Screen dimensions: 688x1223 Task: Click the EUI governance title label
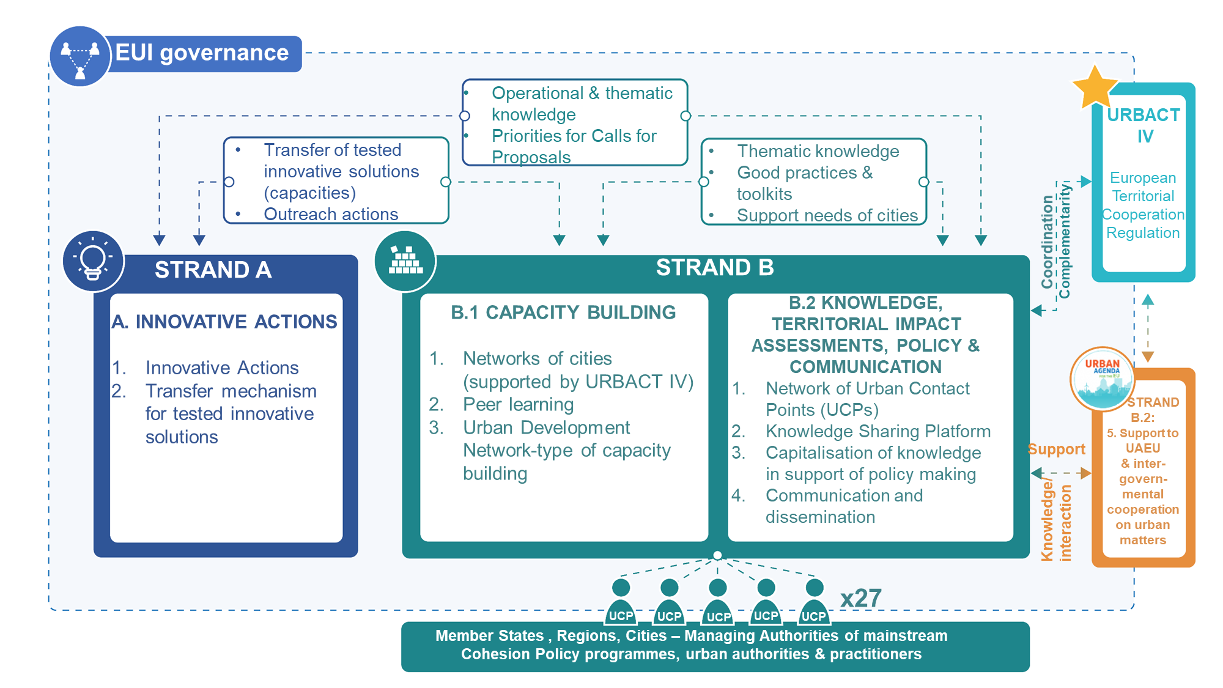point(202,53)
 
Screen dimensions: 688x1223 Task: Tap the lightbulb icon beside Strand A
point(93,261)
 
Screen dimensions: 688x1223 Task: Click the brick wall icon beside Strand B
point(405,261)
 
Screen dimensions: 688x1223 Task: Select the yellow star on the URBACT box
point(1095,87)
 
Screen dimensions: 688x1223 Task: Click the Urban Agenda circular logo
point(1102,379)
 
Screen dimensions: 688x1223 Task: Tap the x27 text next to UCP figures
point(860,598)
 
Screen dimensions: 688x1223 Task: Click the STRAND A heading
point(213,270)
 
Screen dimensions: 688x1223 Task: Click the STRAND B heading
point(714,267)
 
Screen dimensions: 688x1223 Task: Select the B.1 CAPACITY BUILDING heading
point(563,313)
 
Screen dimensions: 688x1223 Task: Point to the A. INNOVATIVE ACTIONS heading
point(224,322)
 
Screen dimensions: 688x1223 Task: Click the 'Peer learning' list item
point(518,404)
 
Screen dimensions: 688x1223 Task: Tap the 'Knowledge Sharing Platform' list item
point(878,431)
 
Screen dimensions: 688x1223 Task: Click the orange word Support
point(1056,449)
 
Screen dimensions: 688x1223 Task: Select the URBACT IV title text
point(1144,125)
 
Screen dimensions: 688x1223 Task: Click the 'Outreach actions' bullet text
point(331,214)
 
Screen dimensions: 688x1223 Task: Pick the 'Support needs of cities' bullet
point(827,215)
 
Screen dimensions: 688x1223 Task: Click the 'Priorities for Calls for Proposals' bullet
point(574,146)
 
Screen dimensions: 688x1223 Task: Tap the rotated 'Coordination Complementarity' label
point(1055,242)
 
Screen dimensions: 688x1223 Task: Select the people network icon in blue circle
point(80,57)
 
